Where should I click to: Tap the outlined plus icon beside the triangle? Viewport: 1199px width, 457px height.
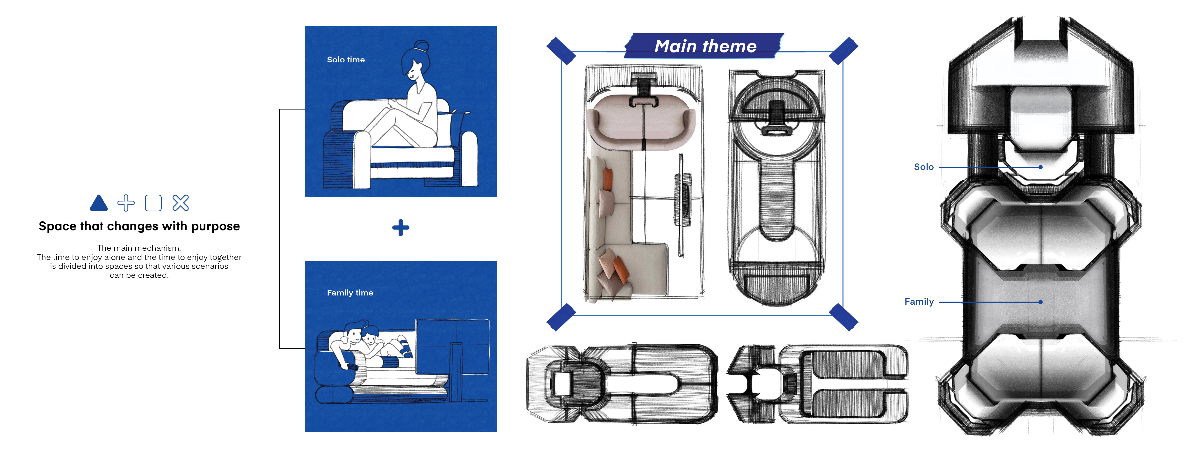coord(126,203)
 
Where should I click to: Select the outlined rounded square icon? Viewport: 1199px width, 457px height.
coord(153,203)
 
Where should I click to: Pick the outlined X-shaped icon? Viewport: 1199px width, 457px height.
coord(181,203)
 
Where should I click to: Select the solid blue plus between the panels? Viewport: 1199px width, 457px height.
coord(400,228)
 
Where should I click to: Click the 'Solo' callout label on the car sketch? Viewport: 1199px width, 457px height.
coord(923,167)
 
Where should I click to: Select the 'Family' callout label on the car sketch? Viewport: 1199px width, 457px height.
coord(919,302)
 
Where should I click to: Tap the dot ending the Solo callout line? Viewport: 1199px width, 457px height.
coord(1040,167)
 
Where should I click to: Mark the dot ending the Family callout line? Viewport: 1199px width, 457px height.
coord(1040,302)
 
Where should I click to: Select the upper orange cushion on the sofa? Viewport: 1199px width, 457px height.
coord(608,179)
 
